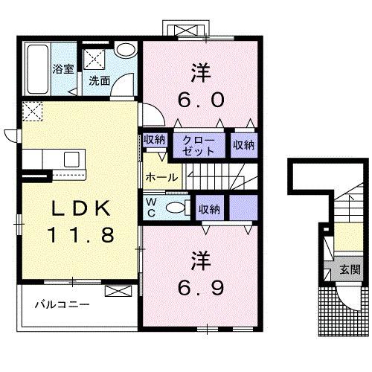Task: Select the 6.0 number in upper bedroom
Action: [x=200, y=98]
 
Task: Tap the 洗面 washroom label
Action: [x=100, y=80]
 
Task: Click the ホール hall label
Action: [x=161, y=177]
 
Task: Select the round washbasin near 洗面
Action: [x=125, y=51]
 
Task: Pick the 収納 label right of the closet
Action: [x=243, y=145]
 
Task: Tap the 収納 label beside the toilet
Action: [x=209, y=210]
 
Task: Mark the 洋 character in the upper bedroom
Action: [x=200, y=73]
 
